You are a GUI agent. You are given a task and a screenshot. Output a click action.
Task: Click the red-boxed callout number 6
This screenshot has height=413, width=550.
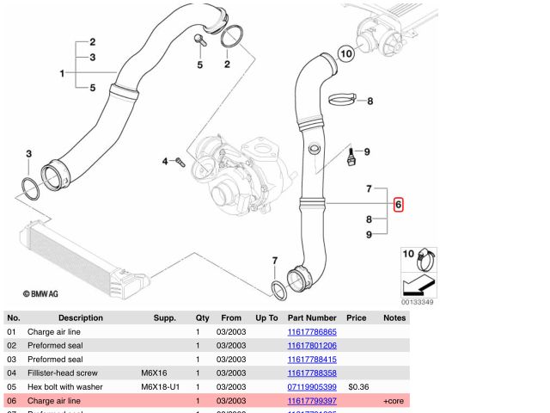click(398, 205)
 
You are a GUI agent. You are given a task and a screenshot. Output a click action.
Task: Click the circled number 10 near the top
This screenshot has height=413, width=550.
click(345, 53)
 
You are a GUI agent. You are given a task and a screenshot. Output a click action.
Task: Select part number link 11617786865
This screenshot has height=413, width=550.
click(311, 331)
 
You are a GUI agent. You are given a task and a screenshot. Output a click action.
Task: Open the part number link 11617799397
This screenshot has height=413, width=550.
click(311, 401)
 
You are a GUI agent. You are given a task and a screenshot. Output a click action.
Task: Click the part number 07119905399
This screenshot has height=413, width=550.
click(311, 387)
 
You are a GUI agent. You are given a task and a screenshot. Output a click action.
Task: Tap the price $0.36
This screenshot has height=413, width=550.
click(358, 387)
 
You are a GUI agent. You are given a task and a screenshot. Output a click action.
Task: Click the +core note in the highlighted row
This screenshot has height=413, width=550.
click(394, 401)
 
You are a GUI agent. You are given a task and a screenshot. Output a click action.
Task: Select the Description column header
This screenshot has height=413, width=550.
click(80, 317)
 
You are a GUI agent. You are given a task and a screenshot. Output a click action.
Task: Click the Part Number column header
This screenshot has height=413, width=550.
click(311, 317)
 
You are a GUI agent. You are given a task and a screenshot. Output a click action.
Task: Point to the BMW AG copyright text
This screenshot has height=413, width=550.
click(40, 293)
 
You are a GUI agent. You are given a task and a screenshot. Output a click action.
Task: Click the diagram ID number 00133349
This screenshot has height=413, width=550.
click(417, 302)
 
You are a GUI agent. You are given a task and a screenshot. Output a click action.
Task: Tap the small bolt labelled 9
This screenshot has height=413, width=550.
click(351, 159)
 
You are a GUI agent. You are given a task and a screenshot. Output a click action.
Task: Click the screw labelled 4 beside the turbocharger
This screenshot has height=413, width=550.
click(180, 161)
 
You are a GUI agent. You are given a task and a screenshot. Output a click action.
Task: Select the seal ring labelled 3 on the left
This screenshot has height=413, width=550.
click(29, 188)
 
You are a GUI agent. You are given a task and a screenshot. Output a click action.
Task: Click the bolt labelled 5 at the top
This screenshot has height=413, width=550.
click(199, 40)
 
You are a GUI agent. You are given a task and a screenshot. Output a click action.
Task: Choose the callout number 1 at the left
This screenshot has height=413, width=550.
click(62, 73)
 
